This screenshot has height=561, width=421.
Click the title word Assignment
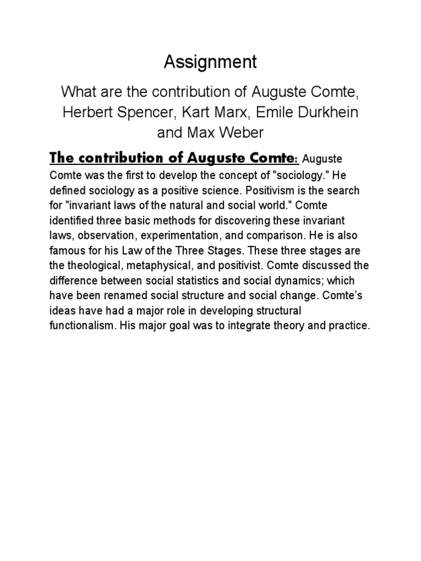click(210, 62)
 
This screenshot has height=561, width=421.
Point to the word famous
click(64, 250)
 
